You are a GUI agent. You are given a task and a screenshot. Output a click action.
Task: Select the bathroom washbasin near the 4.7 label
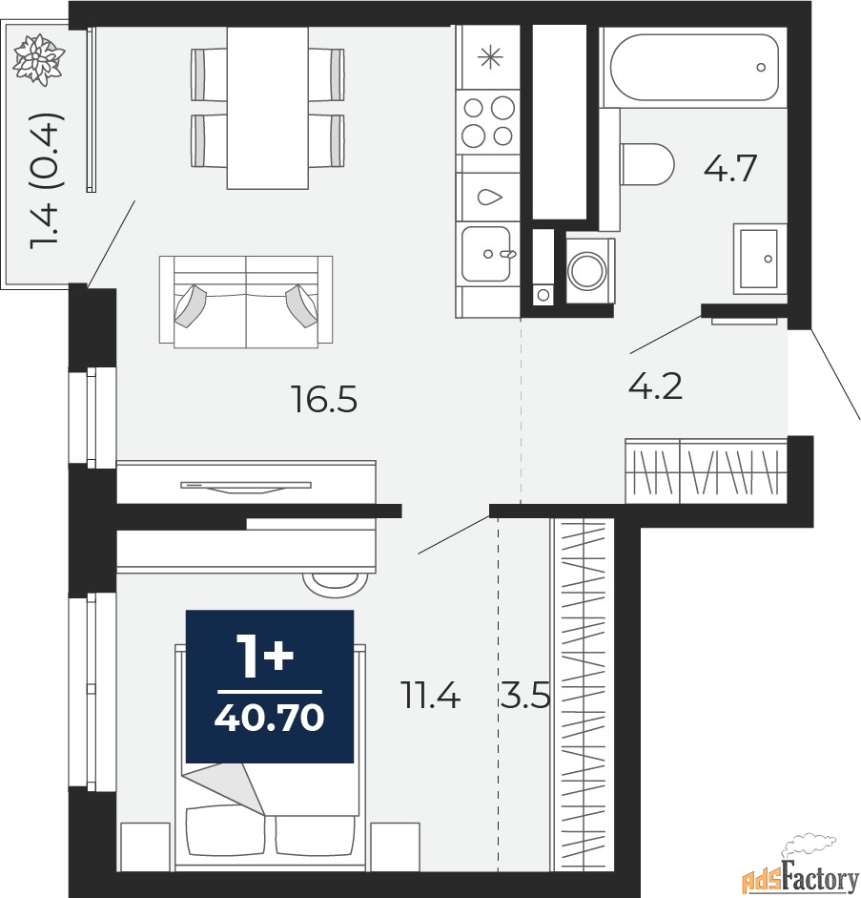(760, 258)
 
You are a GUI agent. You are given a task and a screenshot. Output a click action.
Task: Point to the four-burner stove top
(487, 119)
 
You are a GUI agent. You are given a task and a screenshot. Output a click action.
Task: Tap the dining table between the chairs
(267, 107)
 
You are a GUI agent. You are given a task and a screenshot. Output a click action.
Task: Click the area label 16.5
(324, 400)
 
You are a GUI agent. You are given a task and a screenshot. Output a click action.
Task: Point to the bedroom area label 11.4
(430, 699)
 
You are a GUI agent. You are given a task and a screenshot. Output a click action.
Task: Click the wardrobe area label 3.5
(524, 699)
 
